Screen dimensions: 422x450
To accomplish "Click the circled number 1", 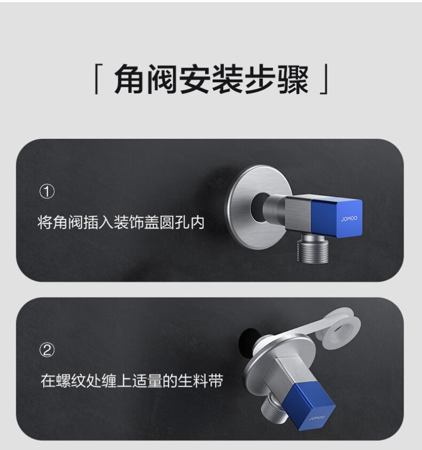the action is tap(47, 192).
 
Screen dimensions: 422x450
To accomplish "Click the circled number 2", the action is tap(47, 350).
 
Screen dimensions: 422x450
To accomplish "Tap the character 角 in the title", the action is tap(130, 79).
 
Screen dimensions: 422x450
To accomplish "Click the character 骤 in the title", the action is tap(293, 79).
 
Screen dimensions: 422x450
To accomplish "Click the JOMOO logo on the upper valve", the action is tap(349, 219).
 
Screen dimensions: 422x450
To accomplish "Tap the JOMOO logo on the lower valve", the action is tap(316, 418).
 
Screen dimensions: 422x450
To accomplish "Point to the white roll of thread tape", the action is tap(339, 328).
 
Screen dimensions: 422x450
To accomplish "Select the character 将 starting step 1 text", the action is tap(45, 222).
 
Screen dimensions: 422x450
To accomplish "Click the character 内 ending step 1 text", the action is tap(197, 222).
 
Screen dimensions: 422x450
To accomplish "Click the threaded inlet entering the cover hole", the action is tap(273, 207).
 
